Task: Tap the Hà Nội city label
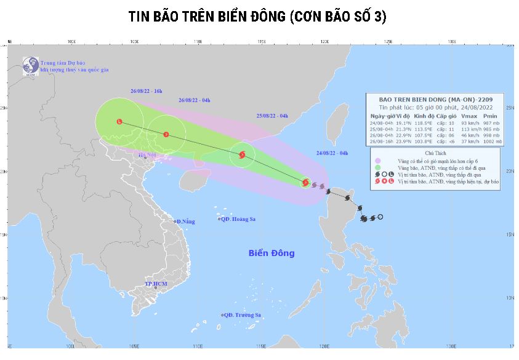pos(148,155)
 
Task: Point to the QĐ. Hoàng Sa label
pos(238,219)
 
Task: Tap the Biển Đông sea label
pos(272,253)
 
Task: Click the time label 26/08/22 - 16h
pos(146,90)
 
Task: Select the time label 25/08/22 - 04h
pos(272,116)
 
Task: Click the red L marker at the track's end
pos(119,122)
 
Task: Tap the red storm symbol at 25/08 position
pos(242,155)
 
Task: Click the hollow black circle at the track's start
pos(380,217)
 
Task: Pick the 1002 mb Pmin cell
pos(493,142)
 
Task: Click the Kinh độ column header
pos(424,116)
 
